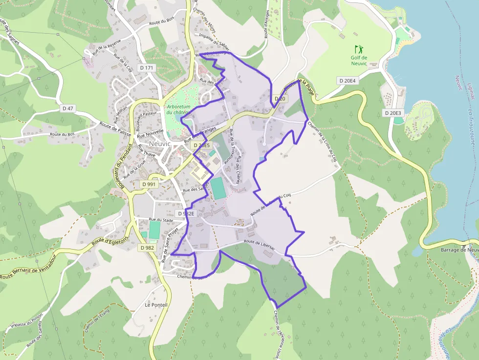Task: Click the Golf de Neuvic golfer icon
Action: (359, 49)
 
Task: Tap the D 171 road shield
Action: (146, 67)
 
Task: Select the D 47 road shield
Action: (69, 108)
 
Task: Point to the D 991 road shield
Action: (149, 184)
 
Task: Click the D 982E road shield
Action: (186, 214)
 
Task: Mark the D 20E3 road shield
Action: (392, 113)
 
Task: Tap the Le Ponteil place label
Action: (156, 305)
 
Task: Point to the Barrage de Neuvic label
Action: (459, 250)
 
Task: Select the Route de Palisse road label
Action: (116, 128)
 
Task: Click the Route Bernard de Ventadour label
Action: (27, 272)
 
